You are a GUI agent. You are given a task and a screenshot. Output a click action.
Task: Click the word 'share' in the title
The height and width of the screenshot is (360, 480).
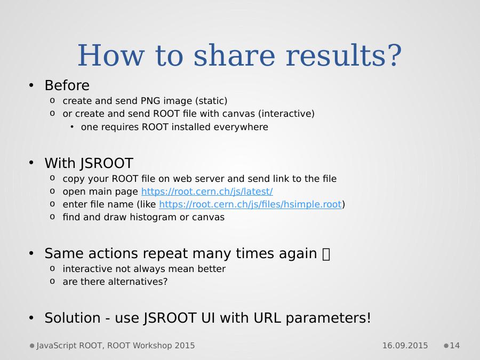click(234, 55)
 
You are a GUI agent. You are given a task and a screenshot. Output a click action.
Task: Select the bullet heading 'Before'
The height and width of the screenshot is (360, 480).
click(67, 85)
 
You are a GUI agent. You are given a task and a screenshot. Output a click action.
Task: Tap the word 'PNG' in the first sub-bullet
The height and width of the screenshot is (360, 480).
click(150, 101)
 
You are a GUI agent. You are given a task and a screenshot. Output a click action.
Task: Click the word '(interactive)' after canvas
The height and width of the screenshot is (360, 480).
click(286, 114)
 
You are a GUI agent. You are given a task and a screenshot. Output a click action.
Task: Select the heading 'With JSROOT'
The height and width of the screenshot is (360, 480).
click(89, 163)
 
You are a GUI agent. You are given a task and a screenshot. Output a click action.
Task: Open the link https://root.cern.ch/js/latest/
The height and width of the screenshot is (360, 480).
click(207, 191)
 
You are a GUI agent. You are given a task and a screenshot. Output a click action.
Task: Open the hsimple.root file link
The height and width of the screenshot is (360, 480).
click(250, 204)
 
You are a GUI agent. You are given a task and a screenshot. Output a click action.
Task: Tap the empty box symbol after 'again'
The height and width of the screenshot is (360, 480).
click(326, 254)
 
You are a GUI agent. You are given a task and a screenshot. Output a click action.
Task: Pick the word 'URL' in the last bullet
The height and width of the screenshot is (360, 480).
click(267, 318)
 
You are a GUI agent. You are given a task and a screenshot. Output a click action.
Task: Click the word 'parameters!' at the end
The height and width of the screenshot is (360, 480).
click(328, 318)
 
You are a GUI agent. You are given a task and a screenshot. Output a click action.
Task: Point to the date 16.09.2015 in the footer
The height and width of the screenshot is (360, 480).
click(405, 346)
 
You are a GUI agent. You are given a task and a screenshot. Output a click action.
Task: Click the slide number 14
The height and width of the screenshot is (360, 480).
click(454, 346)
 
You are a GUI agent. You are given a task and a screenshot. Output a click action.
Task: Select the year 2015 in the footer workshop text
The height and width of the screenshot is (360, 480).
click(185, 346)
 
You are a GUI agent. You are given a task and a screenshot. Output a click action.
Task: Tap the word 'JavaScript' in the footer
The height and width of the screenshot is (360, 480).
click(57, 346)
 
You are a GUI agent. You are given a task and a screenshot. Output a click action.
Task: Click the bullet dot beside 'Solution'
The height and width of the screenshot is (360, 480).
click(31, 318)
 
